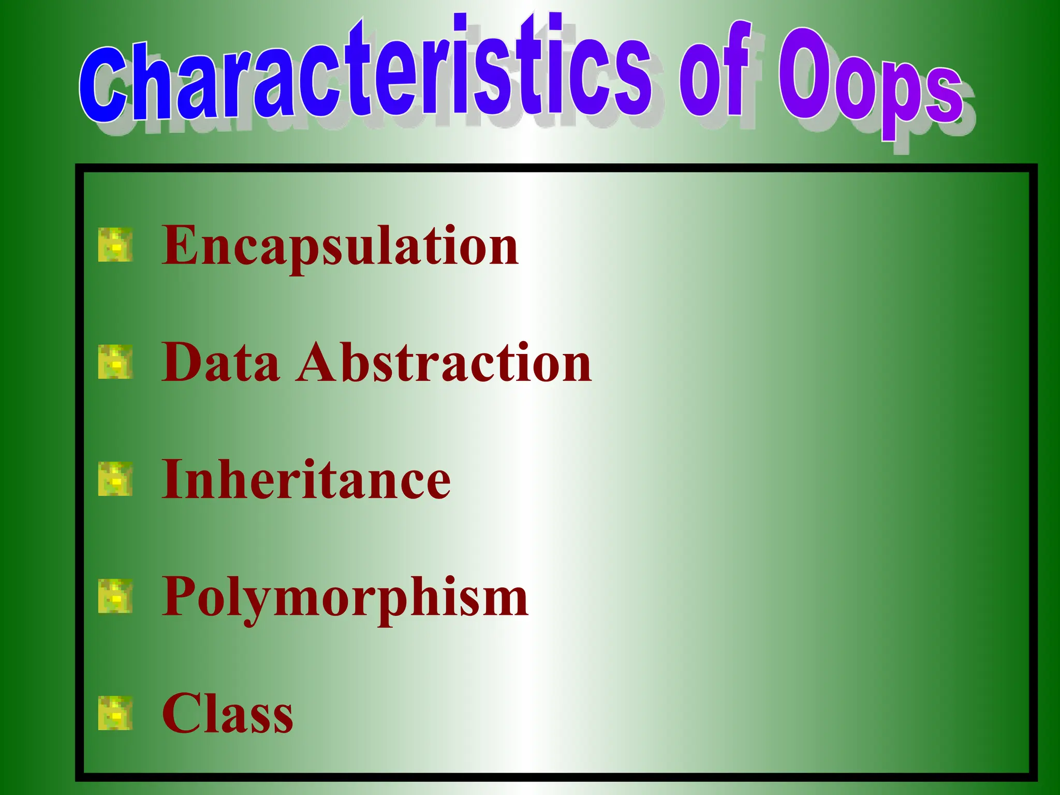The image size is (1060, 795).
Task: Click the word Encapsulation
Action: (340, 246)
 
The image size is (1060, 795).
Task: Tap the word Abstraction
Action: (444, 363)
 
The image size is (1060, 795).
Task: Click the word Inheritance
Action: (306, 480)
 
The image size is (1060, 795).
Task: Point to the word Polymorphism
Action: (345, 598)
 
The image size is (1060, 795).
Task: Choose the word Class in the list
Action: (227, 714)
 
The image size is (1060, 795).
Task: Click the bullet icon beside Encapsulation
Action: (115, 244)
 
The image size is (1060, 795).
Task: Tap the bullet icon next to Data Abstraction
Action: (115, 362)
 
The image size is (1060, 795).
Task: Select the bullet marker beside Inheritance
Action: (115, 479)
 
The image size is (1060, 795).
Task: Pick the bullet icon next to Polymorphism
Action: (115, 596)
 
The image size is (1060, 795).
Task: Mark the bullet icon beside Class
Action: (115, 713)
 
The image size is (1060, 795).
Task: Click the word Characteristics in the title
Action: (362, 72)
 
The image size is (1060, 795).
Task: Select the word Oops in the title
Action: (870, 83)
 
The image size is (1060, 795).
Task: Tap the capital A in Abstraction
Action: (317, 362)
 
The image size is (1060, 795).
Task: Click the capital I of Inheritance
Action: (173, 479)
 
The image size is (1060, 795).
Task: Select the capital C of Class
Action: (182, 714)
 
